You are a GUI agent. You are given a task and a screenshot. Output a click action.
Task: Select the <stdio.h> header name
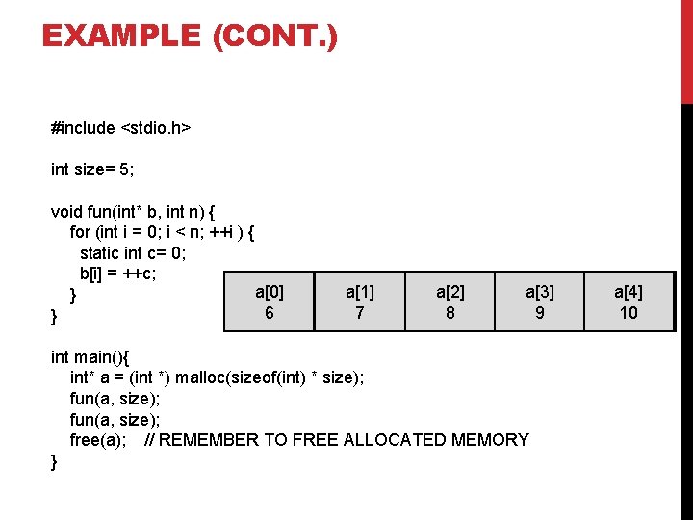pos(155,128)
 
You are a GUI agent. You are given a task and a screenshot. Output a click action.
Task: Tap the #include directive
pos(83,128)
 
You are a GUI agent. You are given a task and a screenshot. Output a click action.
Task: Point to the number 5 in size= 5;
pos(125,169)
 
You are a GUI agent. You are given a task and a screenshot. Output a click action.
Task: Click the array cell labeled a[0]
pos(269,301)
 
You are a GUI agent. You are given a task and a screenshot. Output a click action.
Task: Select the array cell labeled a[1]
pos(359,301)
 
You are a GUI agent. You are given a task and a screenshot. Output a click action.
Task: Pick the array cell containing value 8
pos(449,301)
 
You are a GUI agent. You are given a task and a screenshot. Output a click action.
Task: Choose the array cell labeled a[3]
pos(539,301)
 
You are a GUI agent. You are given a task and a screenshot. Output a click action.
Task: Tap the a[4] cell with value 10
pos(629,301)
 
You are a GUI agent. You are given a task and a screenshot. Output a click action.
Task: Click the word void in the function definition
pos(67,211)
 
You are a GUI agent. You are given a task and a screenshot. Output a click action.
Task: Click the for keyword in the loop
pos(80,232)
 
